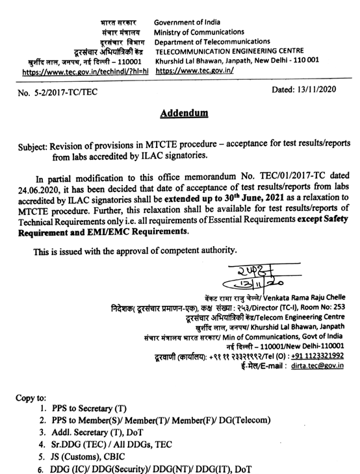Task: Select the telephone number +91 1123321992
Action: [318, 354]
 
